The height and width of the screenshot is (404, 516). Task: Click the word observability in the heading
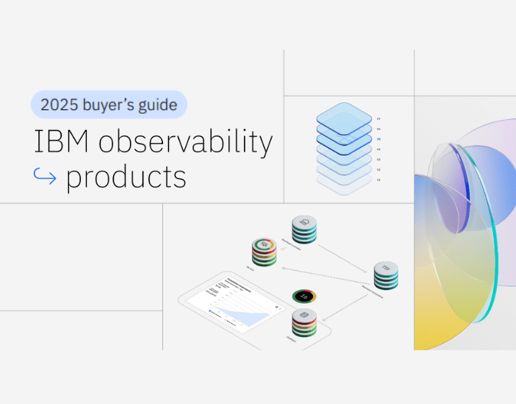(185, 143)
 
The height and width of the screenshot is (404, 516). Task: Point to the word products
(126, 177)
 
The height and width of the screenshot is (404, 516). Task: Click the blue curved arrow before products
(46, 176)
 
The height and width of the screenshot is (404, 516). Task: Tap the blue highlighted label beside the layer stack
(379, 139)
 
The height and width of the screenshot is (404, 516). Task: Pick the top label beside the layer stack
(379, 119)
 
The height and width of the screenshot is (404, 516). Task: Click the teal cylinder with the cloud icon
(304, 229)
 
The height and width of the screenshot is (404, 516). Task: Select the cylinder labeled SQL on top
(264, 252)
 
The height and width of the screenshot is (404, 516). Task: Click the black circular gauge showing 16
(304, 296)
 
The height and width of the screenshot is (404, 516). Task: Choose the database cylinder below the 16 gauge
(304, 324)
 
